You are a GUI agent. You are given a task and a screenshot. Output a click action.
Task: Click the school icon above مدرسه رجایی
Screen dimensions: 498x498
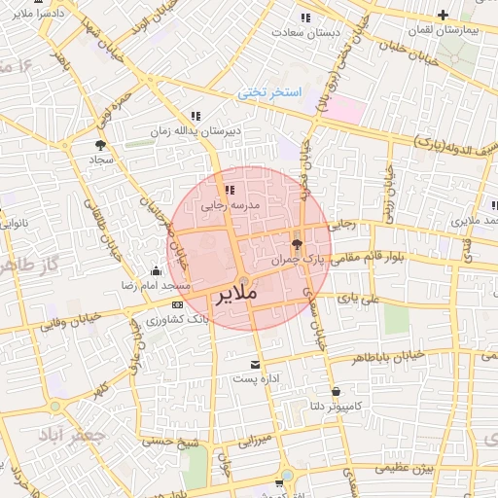[x=230, y=191]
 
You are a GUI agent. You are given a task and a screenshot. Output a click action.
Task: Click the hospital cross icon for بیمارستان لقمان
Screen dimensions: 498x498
[x=444, y=15]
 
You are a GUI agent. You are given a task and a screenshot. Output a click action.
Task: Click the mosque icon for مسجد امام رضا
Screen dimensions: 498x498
[x=156, y=271]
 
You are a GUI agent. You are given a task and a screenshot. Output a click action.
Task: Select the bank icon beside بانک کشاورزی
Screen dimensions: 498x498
[x=175, y=304]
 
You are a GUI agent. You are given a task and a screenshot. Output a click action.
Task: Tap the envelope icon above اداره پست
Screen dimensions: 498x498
[x=255, y=364]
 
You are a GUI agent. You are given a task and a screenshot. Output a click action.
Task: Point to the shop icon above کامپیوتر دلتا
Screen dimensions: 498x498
[x=336, y=391]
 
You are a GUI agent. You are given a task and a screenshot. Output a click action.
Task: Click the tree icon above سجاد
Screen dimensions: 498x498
[x=101, y=144]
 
